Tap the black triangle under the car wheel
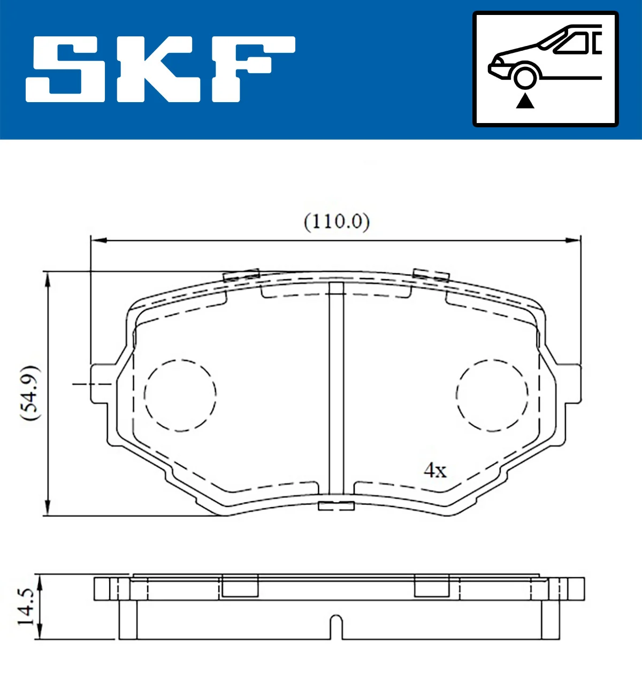525,101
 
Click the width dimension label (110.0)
337,221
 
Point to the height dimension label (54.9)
29,393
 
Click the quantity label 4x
434,470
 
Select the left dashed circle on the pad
180,395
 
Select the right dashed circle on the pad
492,395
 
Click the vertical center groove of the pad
336,390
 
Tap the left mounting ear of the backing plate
102,384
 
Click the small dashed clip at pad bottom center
336,505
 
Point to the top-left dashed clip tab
241,275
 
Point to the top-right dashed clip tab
431,275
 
